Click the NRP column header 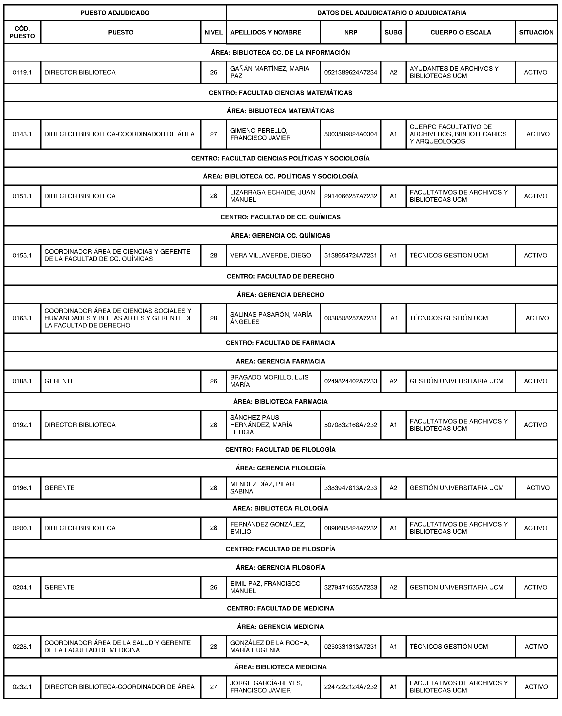350,32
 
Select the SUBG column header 393,32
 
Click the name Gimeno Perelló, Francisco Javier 260,134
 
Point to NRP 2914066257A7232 350,196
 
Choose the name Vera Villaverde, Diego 270,255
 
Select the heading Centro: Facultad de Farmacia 280,343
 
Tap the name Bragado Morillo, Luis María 269,381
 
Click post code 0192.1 22,425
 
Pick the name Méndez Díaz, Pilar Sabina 262,488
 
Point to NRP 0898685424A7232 350,528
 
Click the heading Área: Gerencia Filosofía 280,567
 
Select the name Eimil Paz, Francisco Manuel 265,587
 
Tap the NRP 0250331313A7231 350,646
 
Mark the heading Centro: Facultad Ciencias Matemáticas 280,93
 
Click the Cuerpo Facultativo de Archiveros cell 458,134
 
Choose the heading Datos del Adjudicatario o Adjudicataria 391,13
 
